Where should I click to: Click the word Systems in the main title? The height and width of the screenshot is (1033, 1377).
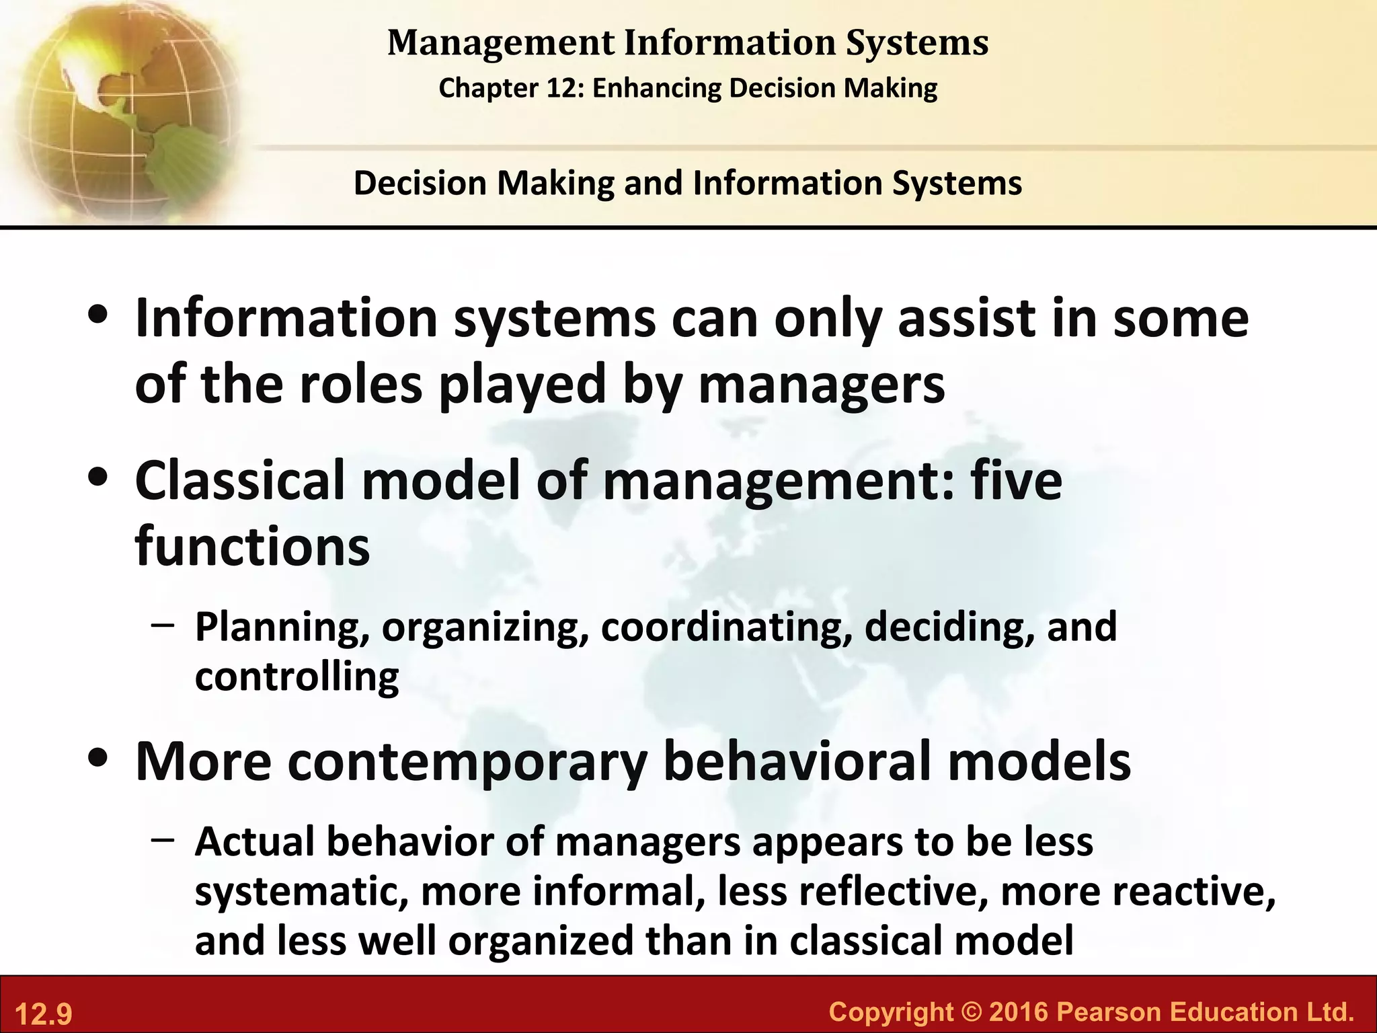[917, 43]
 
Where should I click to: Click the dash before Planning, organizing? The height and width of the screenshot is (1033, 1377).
[163, 623]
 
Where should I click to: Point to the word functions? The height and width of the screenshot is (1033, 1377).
[252, 546]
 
